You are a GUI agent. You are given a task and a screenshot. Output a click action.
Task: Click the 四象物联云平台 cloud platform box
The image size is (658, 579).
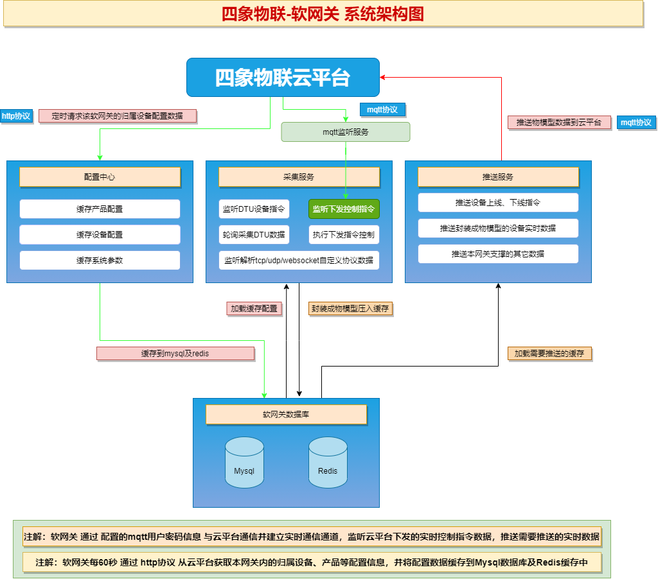tap(283, 78)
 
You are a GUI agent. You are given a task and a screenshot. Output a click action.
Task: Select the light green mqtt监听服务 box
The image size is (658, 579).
tap(346, 132)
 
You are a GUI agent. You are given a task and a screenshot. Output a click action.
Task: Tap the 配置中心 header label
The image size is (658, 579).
tap(100, 177)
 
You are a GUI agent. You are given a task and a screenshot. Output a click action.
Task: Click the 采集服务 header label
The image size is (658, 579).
tap(299, 177)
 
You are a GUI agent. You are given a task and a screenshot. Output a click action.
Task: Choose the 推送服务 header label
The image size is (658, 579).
tap(498, 177)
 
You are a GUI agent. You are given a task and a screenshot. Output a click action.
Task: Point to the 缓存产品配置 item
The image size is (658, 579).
tap(100, 209)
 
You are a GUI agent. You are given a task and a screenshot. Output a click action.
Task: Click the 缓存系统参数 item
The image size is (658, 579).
tap(100, 261)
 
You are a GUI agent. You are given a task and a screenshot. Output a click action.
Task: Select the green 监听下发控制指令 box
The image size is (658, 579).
tap(344, 209)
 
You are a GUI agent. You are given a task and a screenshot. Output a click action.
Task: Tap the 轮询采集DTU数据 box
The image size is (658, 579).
tap(254, 235)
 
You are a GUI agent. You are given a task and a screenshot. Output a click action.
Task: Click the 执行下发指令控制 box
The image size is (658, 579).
tap(344, 235)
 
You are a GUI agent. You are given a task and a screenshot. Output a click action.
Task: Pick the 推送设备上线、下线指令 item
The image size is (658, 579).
tap(498, 203)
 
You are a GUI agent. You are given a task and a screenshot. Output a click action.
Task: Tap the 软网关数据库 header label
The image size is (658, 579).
tap(286, 415)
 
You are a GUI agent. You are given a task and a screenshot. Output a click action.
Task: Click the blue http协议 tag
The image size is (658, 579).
tap(16, 116)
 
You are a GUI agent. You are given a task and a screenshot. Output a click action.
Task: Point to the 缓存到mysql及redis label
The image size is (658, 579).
tap(175, 354)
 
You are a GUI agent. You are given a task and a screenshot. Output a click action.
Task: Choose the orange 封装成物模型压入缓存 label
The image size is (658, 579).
tap(350, 309)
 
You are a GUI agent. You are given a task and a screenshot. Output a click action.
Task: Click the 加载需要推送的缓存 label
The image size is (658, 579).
tap(549, 354)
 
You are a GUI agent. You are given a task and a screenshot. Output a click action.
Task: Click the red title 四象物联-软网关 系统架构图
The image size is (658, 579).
tap(323, 14)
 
